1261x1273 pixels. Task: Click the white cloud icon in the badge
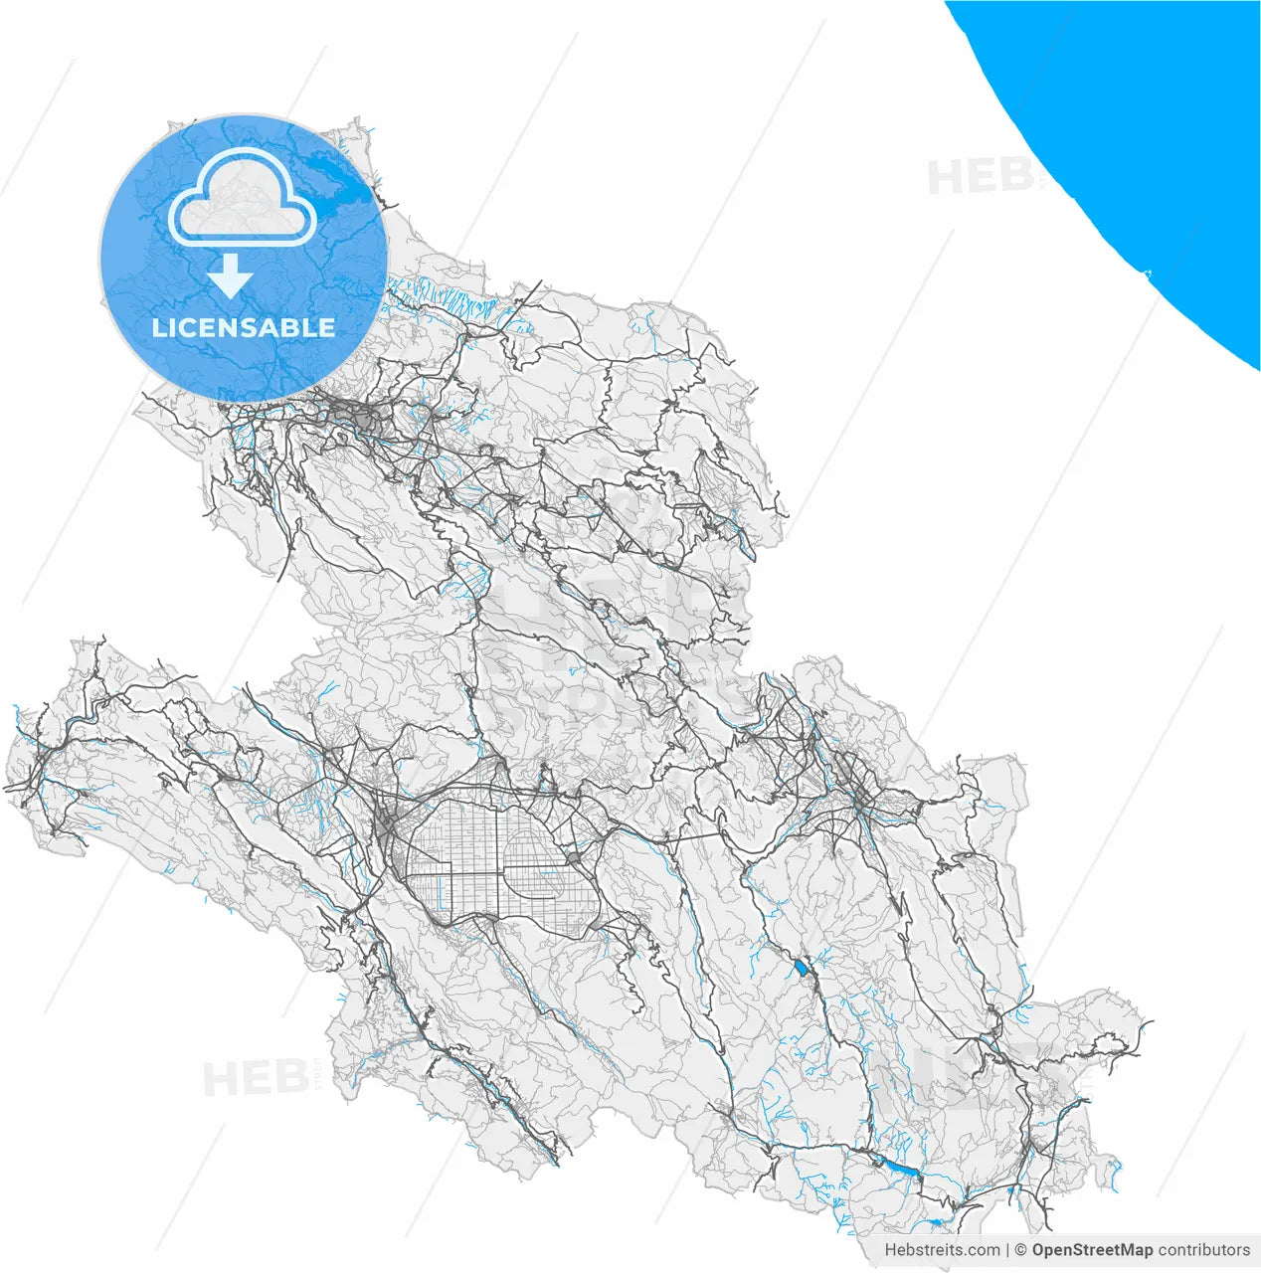[x=242, y=198]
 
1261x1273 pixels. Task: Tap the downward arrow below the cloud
[x=231, y=276]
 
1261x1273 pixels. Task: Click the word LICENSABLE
[x=244, y=328]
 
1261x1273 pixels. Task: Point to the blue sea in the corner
[x=1144, y=119]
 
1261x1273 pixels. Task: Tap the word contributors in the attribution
[x=1204, y=1250]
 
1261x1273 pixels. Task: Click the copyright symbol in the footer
[x=1020, y=1250]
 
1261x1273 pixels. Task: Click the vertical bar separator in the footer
[x=1007, y=1250]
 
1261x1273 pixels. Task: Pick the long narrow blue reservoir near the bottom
[x=900, y=1169]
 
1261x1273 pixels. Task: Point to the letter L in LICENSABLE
[x=158, y=328]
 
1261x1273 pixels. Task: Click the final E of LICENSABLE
[x=327, y=328]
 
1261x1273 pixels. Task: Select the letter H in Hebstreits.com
[x=891, y=1250]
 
